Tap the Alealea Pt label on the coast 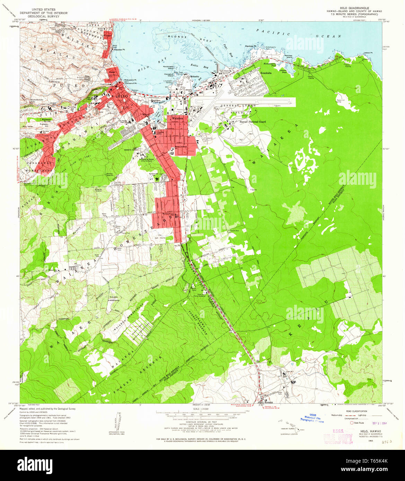click(x=120, y=49)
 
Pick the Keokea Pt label click(x=250, y=46)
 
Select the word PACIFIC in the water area click(x=273, y=32)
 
